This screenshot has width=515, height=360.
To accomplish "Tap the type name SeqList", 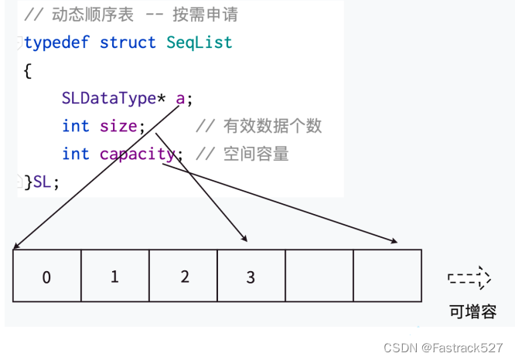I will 199,42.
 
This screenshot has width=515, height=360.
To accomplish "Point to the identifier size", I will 118,126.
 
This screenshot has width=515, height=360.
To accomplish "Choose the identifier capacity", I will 138,154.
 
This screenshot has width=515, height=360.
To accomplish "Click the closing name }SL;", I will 42,182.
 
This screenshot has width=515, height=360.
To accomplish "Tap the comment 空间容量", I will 255,154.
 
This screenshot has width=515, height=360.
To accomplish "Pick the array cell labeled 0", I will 46,277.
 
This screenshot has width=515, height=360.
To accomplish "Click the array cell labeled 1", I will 114,277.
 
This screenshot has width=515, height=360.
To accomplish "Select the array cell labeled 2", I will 182,277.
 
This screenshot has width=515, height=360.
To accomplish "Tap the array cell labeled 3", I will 251,277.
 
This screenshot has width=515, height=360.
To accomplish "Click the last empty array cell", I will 387,277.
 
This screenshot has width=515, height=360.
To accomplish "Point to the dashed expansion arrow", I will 469,277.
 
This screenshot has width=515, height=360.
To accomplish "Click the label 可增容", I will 472,312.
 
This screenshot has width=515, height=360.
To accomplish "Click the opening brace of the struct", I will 28,71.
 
